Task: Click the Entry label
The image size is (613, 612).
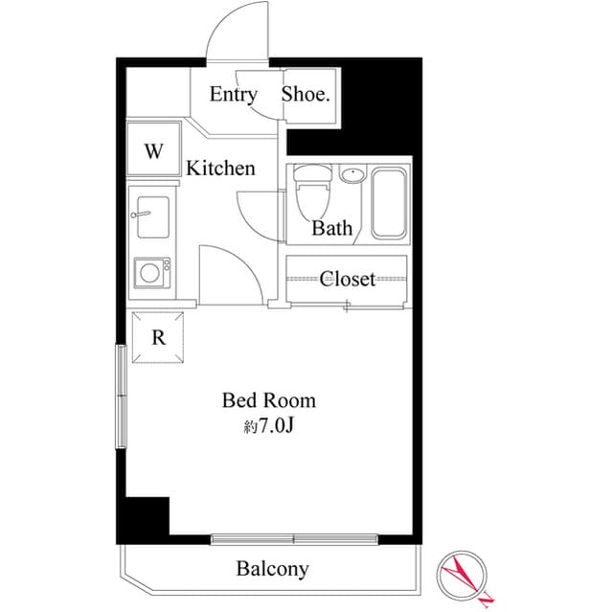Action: (233, 94)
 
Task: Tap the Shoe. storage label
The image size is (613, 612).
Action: (306, 94)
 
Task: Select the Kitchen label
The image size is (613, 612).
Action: (220, 169)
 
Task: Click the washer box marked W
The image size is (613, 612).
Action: (153, 150)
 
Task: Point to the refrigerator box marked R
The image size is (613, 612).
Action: (159, 337)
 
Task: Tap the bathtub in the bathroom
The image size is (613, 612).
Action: (389, 203)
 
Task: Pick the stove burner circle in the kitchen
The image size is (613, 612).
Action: (150, 273)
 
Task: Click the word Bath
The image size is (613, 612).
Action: (331, 229)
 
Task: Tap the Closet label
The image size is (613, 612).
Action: (347, 279)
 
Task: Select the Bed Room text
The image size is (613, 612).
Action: (268, 399)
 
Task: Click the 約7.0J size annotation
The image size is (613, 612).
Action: (268, 426)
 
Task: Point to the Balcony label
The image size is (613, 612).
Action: (272, 569)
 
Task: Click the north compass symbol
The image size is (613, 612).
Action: (464, 577)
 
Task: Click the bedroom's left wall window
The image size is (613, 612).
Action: (121, 396)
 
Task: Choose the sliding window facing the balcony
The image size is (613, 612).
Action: (295, 539)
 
